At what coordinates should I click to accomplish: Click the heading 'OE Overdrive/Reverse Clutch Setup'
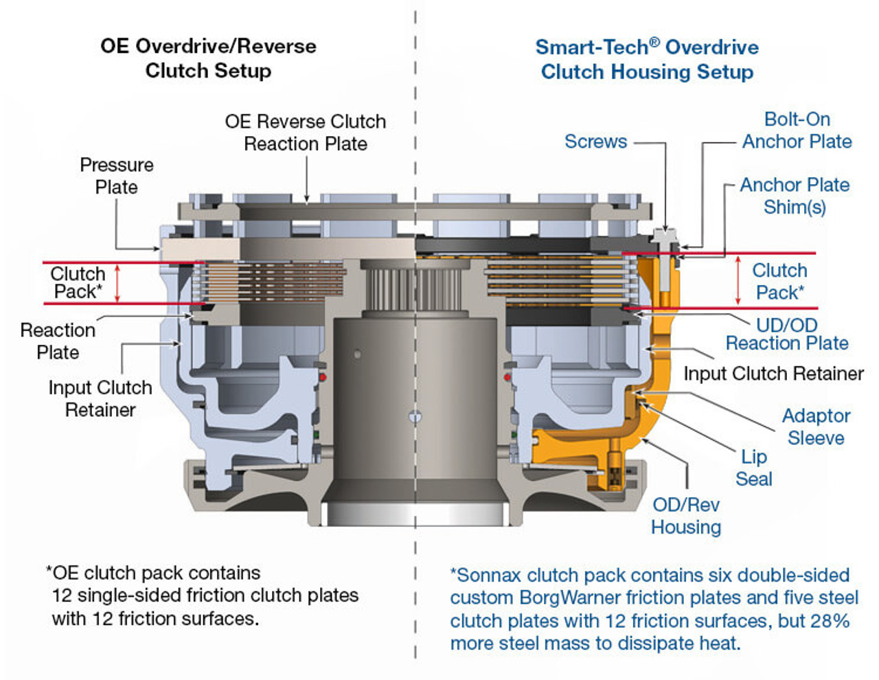[208, 58]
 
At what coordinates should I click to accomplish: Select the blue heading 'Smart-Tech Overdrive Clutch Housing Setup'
[647, 59]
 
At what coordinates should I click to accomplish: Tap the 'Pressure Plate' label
[116, 176]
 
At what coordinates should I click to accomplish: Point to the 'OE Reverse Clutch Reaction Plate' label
[306, 133]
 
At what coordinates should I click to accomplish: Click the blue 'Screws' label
[595, 141]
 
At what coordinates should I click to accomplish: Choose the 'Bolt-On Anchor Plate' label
[797, 131]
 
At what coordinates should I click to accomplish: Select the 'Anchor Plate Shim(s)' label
[795, 196]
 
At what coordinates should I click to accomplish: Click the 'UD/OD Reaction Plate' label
[787, 334]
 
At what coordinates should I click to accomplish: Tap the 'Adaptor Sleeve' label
[816, 427]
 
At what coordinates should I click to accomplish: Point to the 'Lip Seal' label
[753, 468]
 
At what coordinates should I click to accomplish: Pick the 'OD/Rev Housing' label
[686, 516]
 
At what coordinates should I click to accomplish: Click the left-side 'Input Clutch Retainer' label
[100, 398]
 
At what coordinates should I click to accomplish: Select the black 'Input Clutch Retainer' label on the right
[773, 374]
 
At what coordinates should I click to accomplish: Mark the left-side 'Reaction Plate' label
[58, 341]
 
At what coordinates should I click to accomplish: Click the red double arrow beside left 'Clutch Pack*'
[117, 283]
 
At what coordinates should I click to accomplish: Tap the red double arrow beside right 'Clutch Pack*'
[738, 280]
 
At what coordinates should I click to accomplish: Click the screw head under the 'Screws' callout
[664, 236]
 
